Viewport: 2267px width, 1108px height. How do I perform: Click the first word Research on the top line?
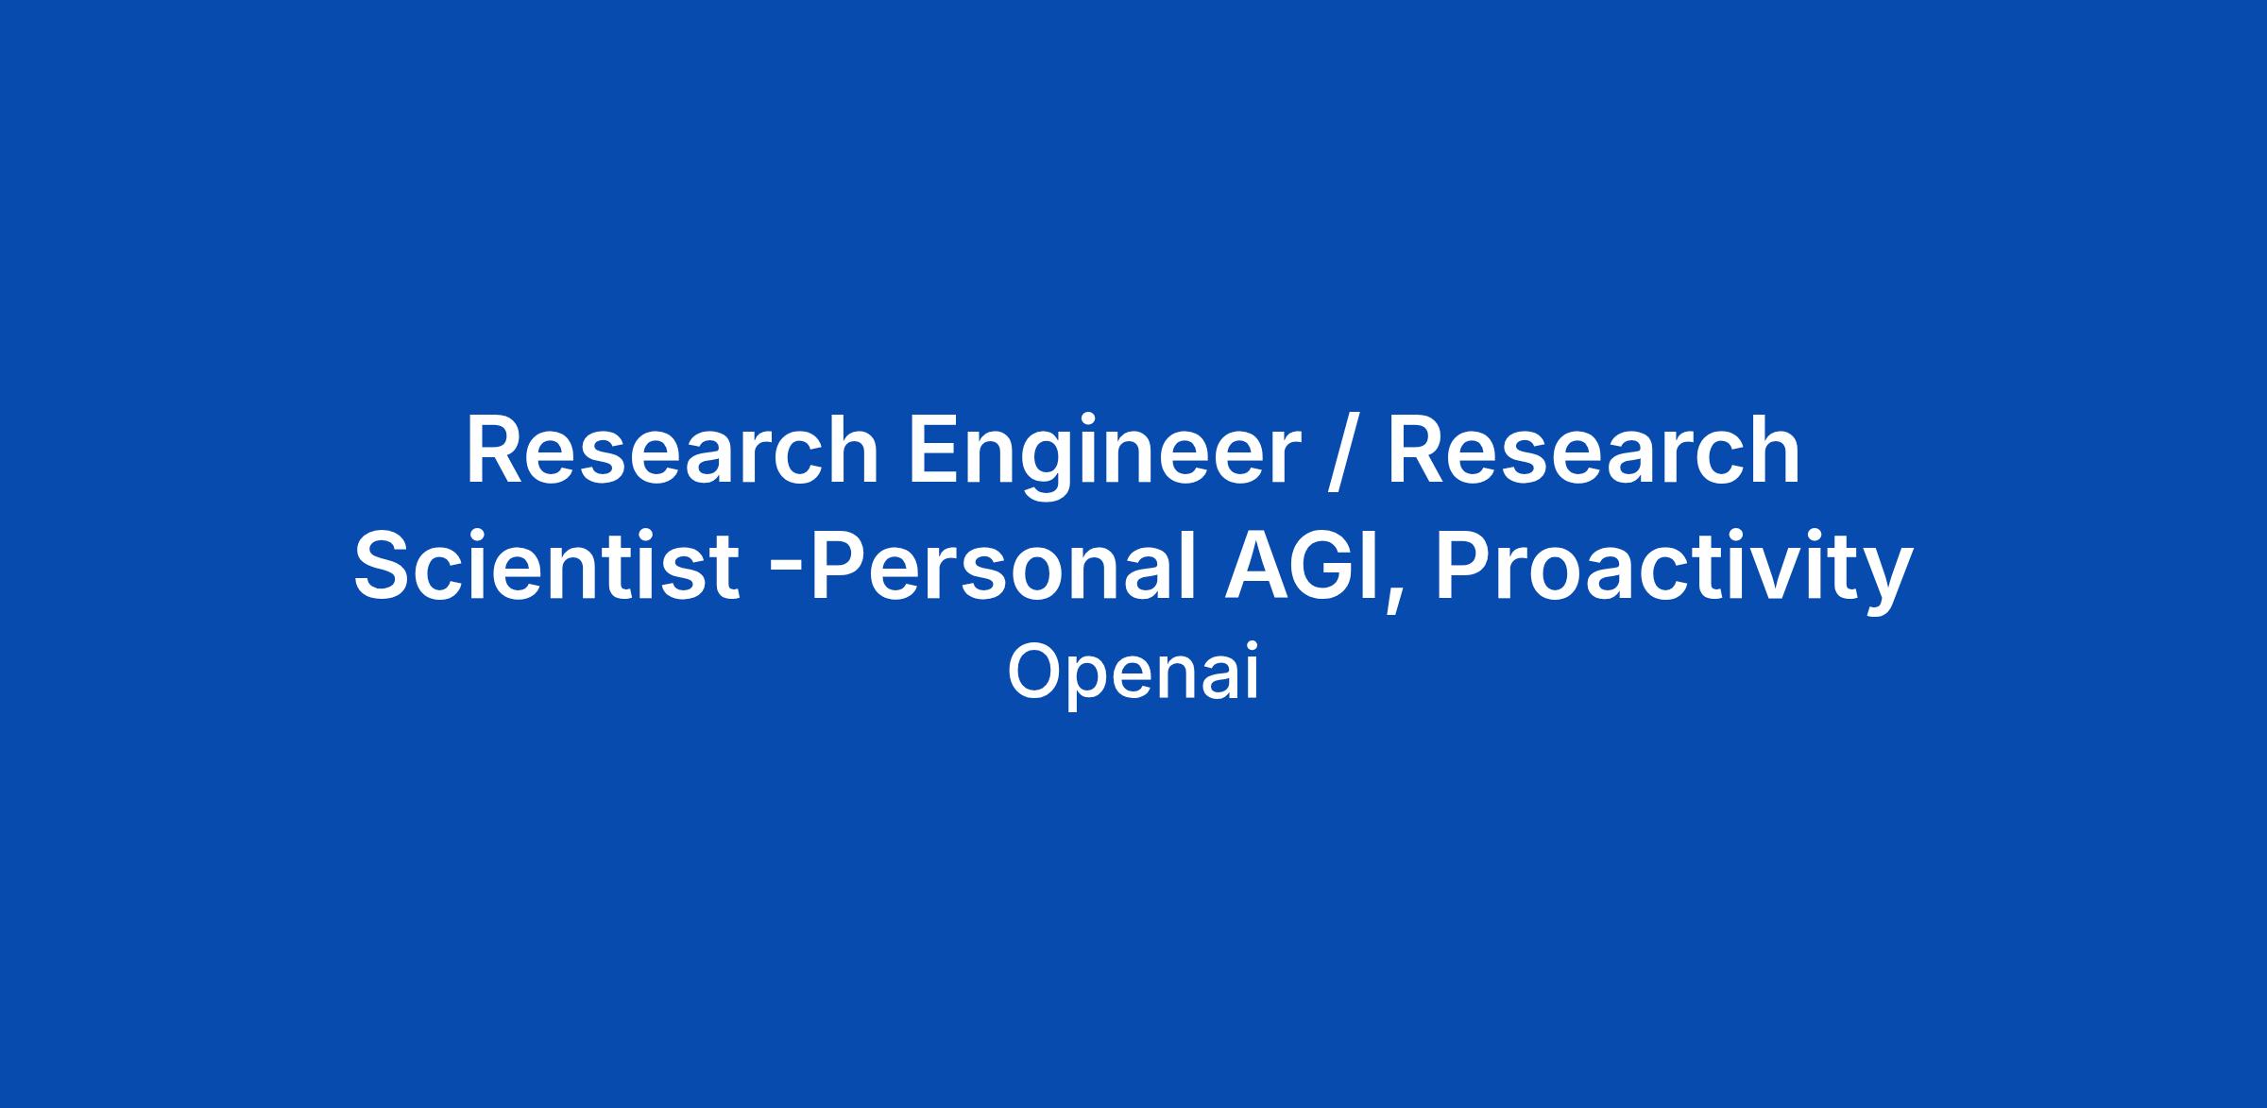coord(672,451)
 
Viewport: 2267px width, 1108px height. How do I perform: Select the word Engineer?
coord(1105,457)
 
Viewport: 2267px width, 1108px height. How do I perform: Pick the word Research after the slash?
coord(1594,451)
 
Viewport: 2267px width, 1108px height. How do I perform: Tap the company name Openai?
coord(1133,673)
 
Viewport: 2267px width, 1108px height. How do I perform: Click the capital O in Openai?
coord(1033,672)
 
